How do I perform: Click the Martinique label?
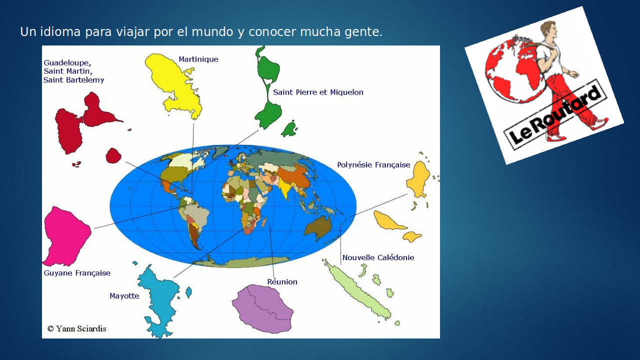click(x=198, y=59)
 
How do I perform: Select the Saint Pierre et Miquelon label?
click(x=318, y=92)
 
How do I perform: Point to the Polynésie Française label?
click(x=373, y=165)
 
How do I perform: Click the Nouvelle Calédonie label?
click(x=378, y=257)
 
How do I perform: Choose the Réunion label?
click(x=282, y=281)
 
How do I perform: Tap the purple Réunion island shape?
click(x=262, y=308)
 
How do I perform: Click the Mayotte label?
click(x=124, y=296)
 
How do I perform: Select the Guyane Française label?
click(x=77, y=273)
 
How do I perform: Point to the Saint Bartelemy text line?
click(x=73, y=80)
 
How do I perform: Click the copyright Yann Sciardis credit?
click(x=77, y=329)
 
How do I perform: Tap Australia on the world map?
click(x=318, y=227)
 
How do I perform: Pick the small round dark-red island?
click(x=113, y=155)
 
